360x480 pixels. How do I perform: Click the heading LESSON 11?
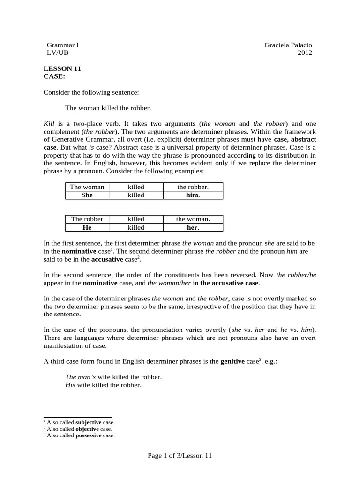pos(62,68)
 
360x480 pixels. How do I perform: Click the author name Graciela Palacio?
pos(288,45)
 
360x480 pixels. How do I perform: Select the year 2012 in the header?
pos(305,52)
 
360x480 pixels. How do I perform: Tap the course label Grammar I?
pos(62,45)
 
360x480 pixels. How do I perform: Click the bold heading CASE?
pos(54,76)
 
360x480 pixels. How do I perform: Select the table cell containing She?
pos(87,195)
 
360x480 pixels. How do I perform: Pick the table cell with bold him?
pos(193,195)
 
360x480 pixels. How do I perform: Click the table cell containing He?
pos(87,227)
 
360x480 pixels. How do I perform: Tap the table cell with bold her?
pos(193,227)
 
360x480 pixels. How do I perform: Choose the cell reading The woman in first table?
pos(87,187)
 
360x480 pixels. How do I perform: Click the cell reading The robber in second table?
pos(87,219)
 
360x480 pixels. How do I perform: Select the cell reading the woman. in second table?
pos(193,219)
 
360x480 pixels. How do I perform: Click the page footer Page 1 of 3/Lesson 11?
pos(180,455)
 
